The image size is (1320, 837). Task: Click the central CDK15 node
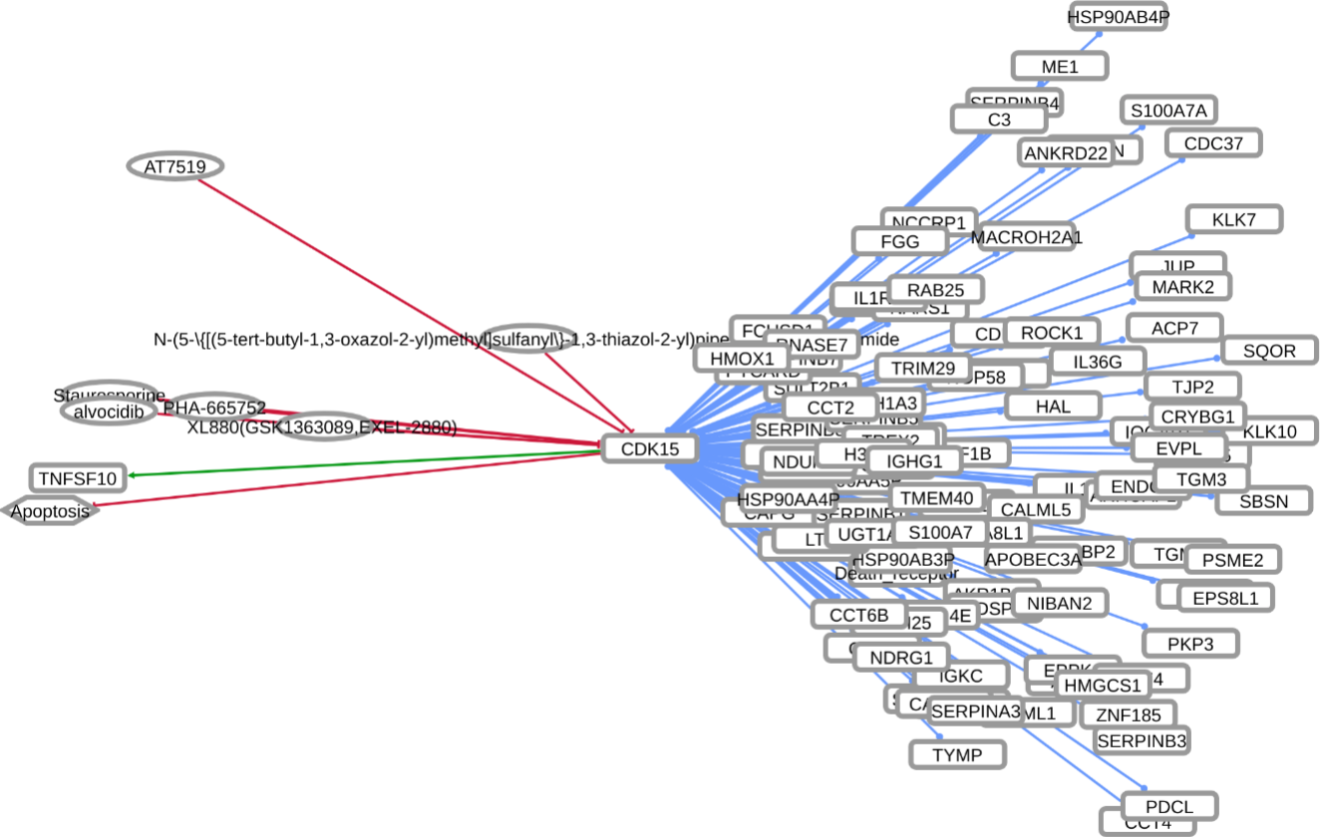click(649, 448)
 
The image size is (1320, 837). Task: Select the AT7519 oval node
click(174, 166)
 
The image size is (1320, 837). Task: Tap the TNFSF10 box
click(79, 478)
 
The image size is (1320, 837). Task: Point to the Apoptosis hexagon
click(51, 511)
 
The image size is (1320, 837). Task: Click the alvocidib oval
click(110, 411)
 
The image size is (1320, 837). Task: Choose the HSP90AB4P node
click(1118, 17)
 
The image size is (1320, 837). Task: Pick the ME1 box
click(1059, 67)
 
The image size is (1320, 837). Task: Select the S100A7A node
click(1167, 110)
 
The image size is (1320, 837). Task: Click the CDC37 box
click(1213, 143)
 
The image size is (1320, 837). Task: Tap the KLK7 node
click(1233, 219)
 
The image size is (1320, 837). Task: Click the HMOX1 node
click(742, 358)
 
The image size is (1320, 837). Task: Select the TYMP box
click(957, 754)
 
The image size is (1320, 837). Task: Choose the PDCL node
click(1168, 805)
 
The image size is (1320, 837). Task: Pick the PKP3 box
click(1190, 644)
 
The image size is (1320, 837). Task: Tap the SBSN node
click(1263, 501)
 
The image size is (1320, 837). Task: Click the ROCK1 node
click(1052, 332)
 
